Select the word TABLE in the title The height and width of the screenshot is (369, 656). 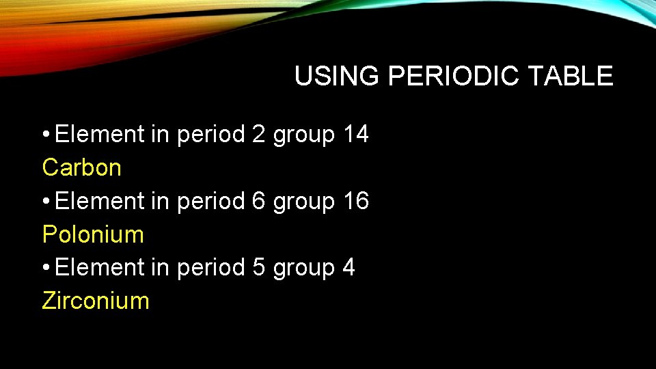[x=577, y=76]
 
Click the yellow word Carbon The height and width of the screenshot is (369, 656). [x=81, y=167]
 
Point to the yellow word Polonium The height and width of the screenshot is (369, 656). [x=93, y=234]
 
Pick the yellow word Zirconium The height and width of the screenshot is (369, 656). [x=95, y=301]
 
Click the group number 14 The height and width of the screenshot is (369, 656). [x=355, y=135]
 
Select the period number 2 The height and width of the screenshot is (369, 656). [x=258, y=135]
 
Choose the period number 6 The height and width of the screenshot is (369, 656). [x=258, y=202]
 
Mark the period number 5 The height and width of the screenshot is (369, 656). [x=258, y=268]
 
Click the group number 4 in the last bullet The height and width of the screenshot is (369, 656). [x=348, y=268]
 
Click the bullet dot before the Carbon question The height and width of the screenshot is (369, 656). [x=45, y=135]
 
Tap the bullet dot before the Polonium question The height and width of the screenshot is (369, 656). [x=45, y=202]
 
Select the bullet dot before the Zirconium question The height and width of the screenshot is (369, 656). [x=45, y=268]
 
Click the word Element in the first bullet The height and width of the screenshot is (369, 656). [x=100, y=135]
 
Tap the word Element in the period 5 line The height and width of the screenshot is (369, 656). [x=100, y=268]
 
